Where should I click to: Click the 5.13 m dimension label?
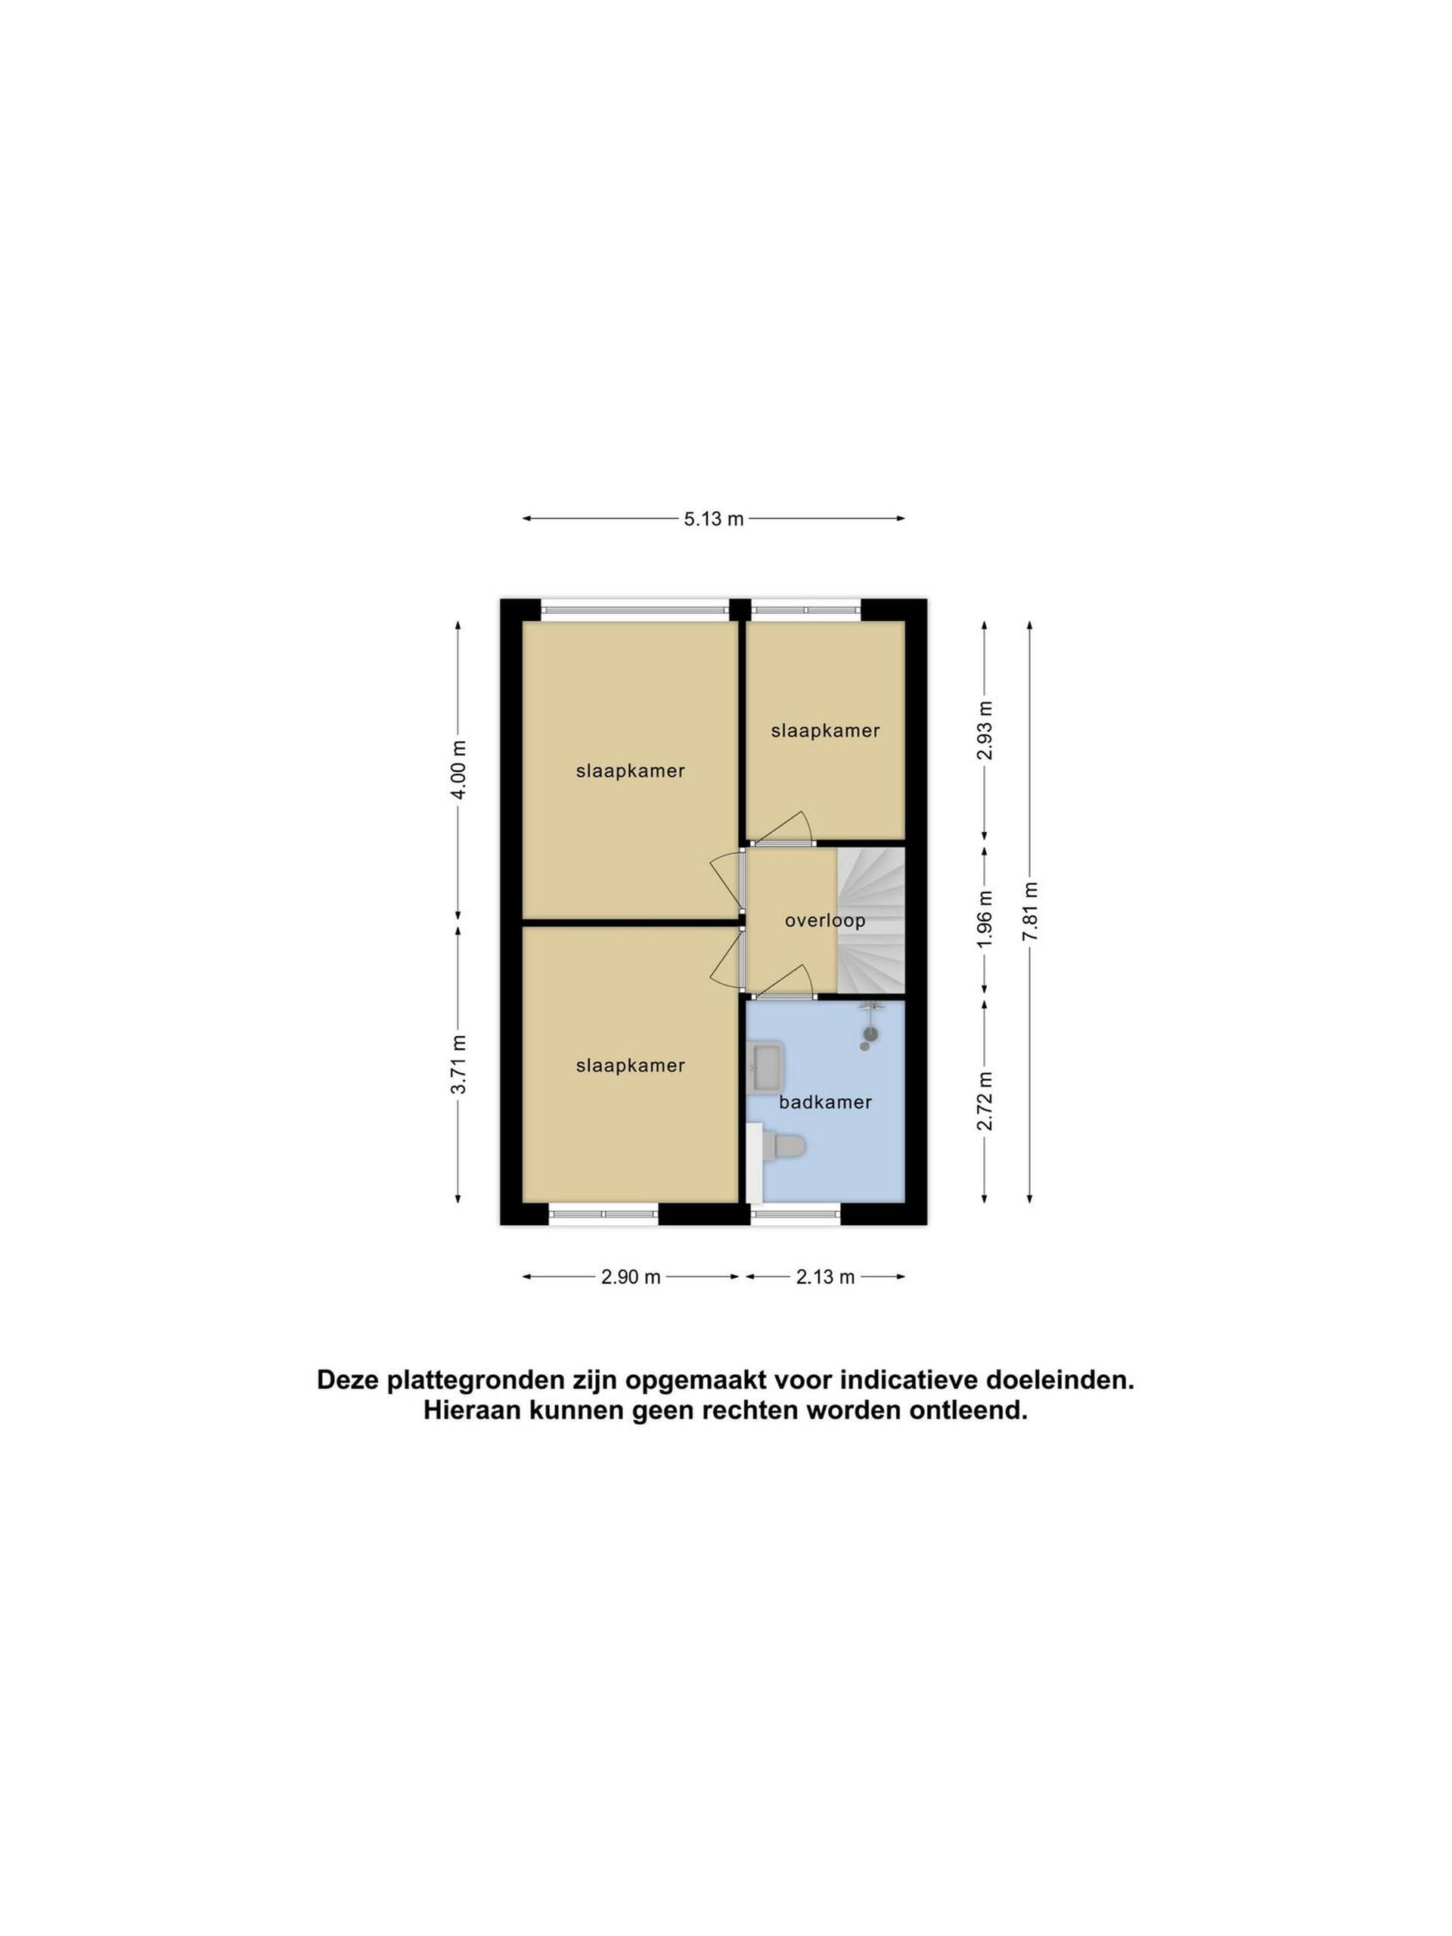pos(713,519)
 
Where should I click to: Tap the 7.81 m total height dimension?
pos(1030,911)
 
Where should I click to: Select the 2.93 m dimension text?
pos(985,731)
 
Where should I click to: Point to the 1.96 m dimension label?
pos(985,917)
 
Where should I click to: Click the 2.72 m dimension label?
pos(985,1100)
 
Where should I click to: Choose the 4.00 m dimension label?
pos(458,770)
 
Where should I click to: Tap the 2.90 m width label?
pos(630,1277)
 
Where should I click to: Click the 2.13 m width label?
pos(824,1277)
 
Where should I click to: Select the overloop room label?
pos(824,921)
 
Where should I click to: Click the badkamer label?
pos(825,1102)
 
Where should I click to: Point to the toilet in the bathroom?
pos(783,1146)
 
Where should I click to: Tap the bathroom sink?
pos(767,1066)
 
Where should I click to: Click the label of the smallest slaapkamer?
pos(824,731)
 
